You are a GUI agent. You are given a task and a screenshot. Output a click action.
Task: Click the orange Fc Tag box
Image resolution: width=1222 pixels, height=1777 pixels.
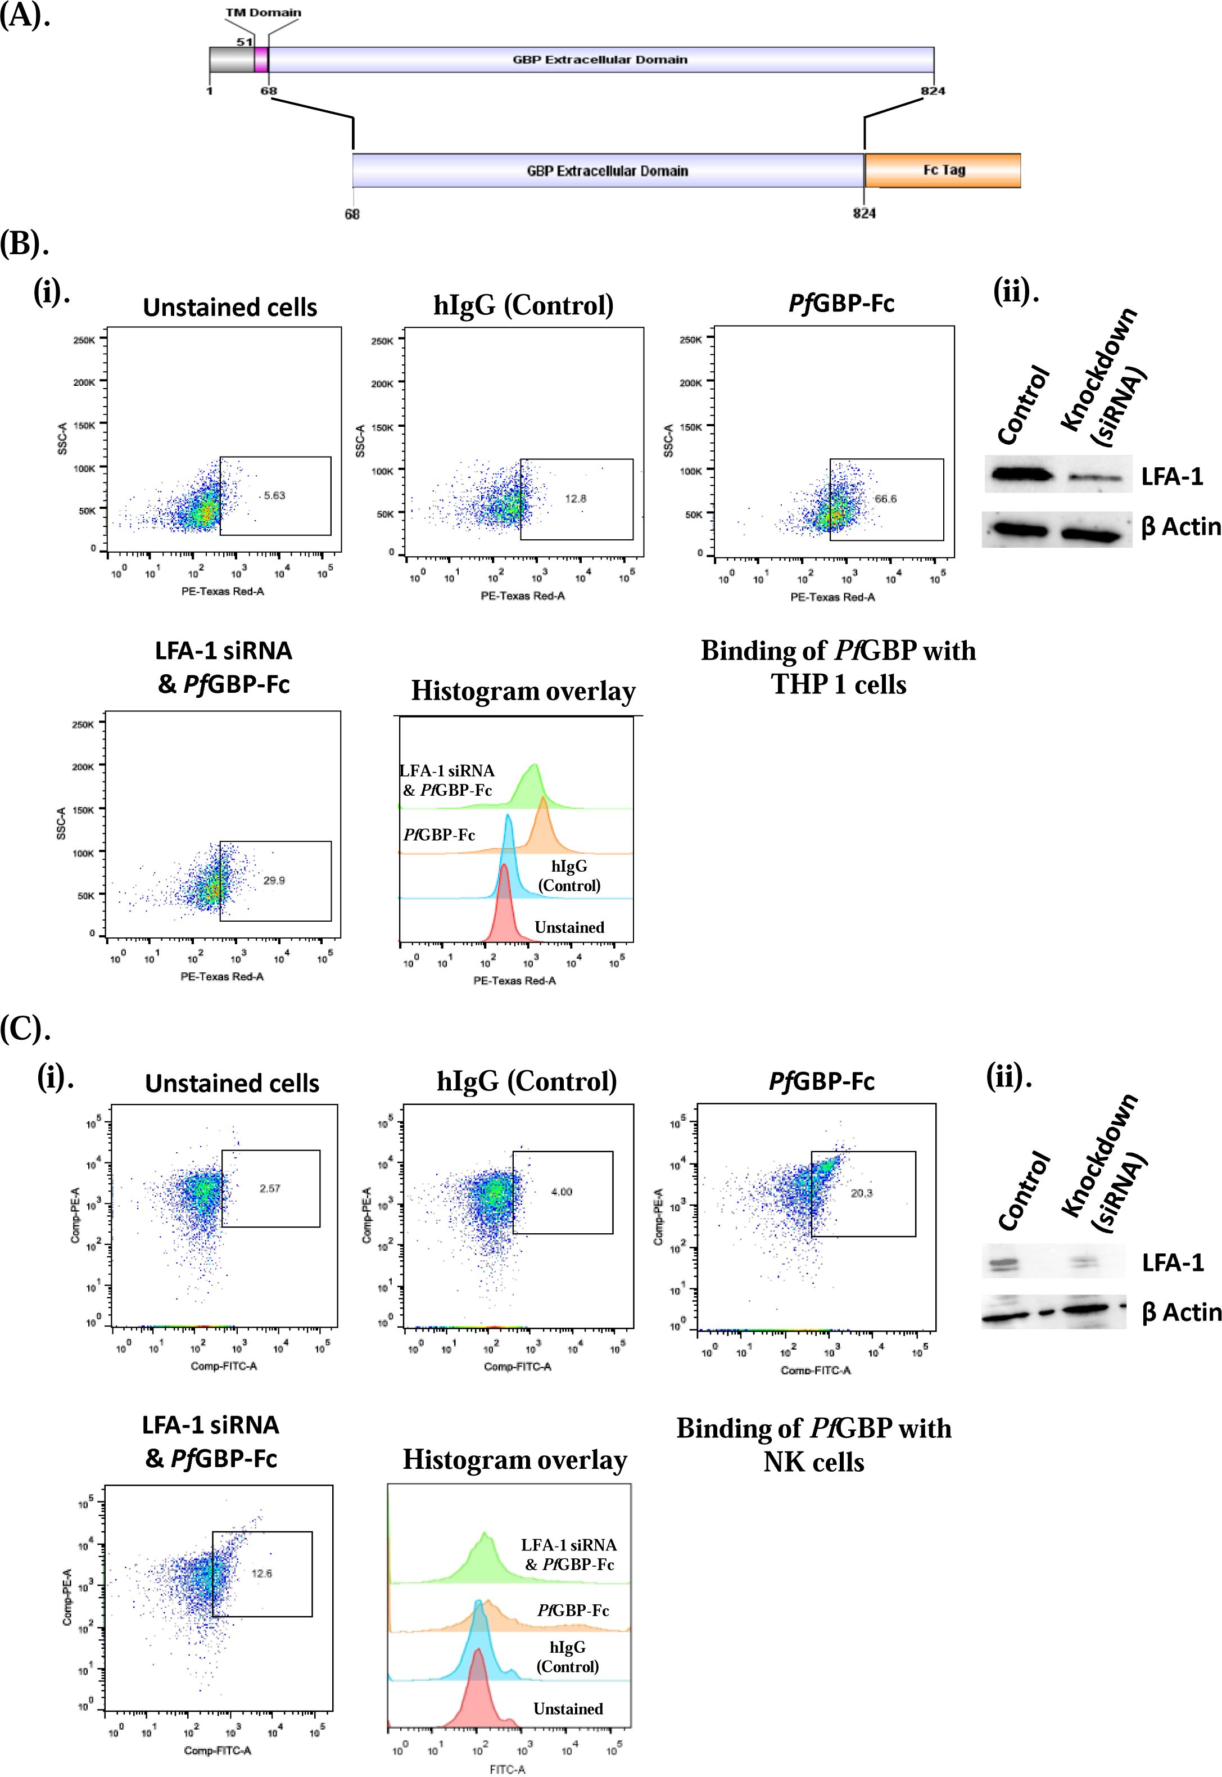click(x=943, y=170)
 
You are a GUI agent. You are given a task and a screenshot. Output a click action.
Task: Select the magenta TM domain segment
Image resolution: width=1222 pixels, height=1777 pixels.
click(x=261, y=60)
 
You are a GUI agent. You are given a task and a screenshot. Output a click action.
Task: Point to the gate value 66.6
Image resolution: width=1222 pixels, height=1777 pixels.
click(x=885, y=499)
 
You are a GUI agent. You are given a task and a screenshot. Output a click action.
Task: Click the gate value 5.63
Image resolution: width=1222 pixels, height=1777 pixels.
click(x=274, y=495)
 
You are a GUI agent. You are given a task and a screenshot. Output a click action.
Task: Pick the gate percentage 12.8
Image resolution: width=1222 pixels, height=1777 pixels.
click(x=575, y=499)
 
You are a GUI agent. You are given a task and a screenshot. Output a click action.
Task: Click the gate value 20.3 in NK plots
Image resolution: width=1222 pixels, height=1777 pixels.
click(x=861, y=1193)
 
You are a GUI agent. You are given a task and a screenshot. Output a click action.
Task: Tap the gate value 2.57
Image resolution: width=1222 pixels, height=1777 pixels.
click(x=269, y=1188)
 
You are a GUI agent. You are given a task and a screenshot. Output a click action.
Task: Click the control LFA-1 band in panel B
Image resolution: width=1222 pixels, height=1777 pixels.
click(x=1021, y=475)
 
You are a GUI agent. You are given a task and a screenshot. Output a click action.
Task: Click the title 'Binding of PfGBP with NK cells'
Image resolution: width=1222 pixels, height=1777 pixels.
click(x=814, y=1445)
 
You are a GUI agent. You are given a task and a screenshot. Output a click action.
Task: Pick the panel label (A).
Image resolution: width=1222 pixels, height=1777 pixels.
click(x=25, y=15)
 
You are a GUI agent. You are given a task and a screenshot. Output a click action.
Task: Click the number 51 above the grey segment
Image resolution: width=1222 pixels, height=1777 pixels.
click(x=245, y=42)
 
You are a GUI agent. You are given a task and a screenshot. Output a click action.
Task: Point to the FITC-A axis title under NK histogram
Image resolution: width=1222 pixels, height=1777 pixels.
click(x=508, y=1769)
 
